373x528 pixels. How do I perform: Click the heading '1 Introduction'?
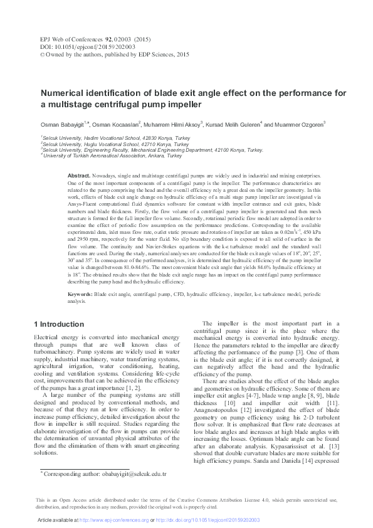tap(58, 324)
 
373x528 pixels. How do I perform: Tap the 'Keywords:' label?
tap(80, 293)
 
